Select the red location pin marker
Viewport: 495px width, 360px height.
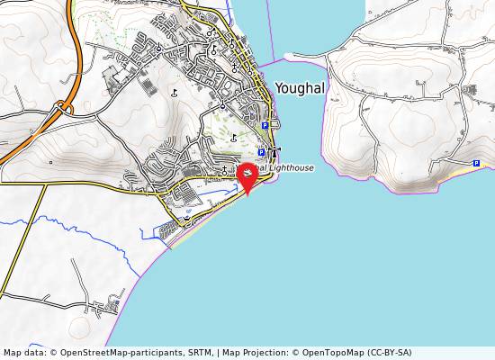tap(247, 180)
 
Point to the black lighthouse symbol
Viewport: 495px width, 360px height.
tap(275, 150)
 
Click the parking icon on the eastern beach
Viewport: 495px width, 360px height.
tap(475, 161)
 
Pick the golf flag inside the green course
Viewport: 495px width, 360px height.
tap(233, 137)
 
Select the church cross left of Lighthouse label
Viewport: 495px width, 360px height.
tap(224, 167)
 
